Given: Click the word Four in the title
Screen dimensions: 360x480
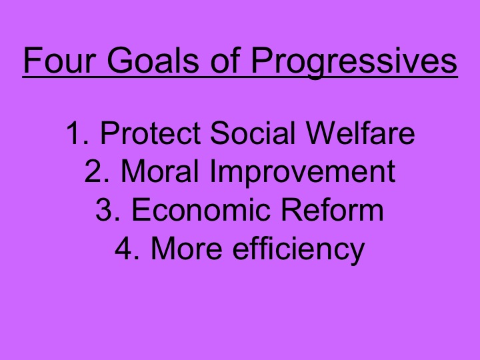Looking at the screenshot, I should pyautogui.click(x=55, y=61).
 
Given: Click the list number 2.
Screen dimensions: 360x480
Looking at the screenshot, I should pyautogui.click(x=93, y=172).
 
